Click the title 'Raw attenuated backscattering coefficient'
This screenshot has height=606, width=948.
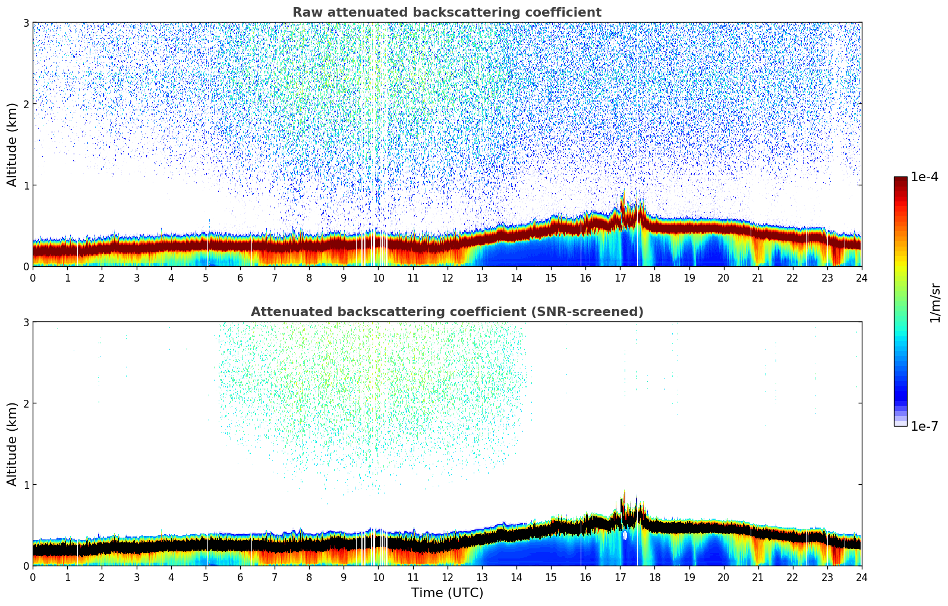pyautogui.click(x=446, y=12)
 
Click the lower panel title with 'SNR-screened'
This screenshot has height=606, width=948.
pyautogui.click(x=446, y=312)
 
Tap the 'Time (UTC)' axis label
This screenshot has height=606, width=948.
pyautogui.click(x=447, y=593)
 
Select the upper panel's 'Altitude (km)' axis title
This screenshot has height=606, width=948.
pyautogui.click(x=12, y=144)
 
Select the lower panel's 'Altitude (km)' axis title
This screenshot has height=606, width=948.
pyautogui.click(x=12, y=444)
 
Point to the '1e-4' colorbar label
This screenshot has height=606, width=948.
pyautogui.click(x=924, y=177)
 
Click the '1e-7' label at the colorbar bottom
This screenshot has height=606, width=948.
pyautogui.click(x=924, y=426)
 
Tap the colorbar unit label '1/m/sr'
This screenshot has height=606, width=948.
pyautogui.click(x=935, y=302)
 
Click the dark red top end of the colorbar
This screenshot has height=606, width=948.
pyautogui.click(x=900, y=179)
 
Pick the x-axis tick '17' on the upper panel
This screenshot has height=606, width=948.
pyautogui.click(x=620, y=277)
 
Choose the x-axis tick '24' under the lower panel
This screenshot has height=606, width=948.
pyautogui.click(x=861, y=577)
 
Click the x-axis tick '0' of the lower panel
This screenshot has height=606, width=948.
pyautogui.click(x=33, y=577)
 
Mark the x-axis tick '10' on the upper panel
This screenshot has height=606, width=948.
pyautogui.click(x=378, y=277)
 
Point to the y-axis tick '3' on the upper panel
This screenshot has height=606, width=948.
pyautogui.click(x=26, y=23)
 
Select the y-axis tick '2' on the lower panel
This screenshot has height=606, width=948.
pyautogui.click(x=26, y=403)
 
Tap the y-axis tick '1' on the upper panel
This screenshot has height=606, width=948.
pyautogui.click(x=26, y=185)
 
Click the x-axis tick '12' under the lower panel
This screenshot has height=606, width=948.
pyautogui.click(x=447, y=577)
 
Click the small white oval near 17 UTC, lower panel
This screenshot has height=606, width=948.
pyautogui.click(x=625, y=535)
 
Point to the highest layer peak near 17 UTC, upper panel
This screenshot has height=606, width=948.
pyautogui.click(x=623, y=194)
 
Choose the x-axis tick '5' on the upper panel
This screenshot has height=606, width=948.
pyautogui.click(x=206, y=277)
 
